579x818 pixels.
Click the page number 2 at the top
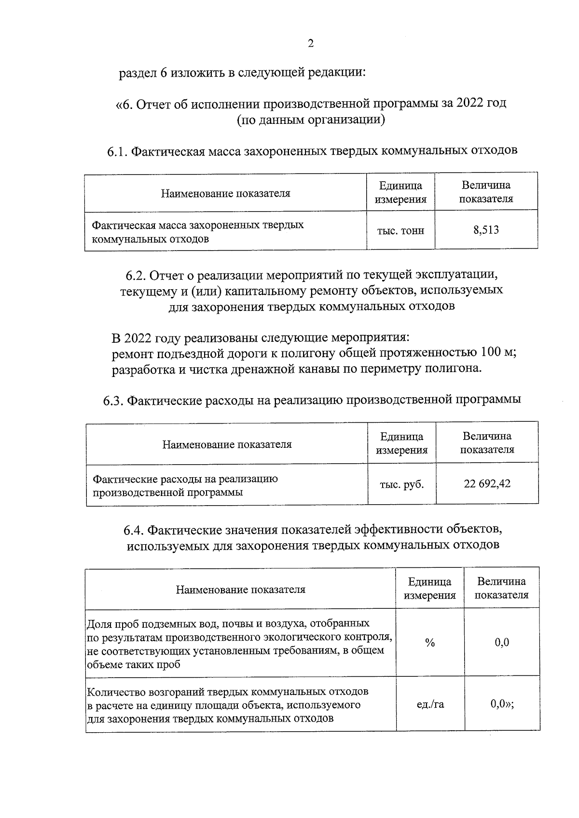tap(311, 44)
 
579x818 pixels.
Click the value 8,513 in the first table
tap(486, 230)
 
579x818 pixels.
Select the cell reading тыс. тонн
tap(400, 231)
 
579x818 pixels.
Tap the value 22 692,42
tap(487, 483)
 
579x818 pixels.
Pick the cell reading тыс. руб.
tap(402, 484)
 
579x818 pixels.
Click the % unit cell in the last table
tap(430, 643)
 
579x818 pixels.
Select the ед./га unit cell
tap(430, 704)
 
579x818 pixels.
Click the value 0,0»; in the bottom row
tap(502, 704)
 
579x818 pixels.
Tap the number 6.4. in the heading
tap(134, 530)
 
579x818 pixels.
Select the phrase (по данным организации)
tap(311, 120)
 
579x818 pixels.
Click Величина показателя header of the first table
tap(486, 192)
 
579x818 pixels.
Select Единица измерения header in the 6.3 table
tap(401, 443)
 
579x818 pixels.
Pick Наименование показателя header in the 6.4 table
tap(240, 589)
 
